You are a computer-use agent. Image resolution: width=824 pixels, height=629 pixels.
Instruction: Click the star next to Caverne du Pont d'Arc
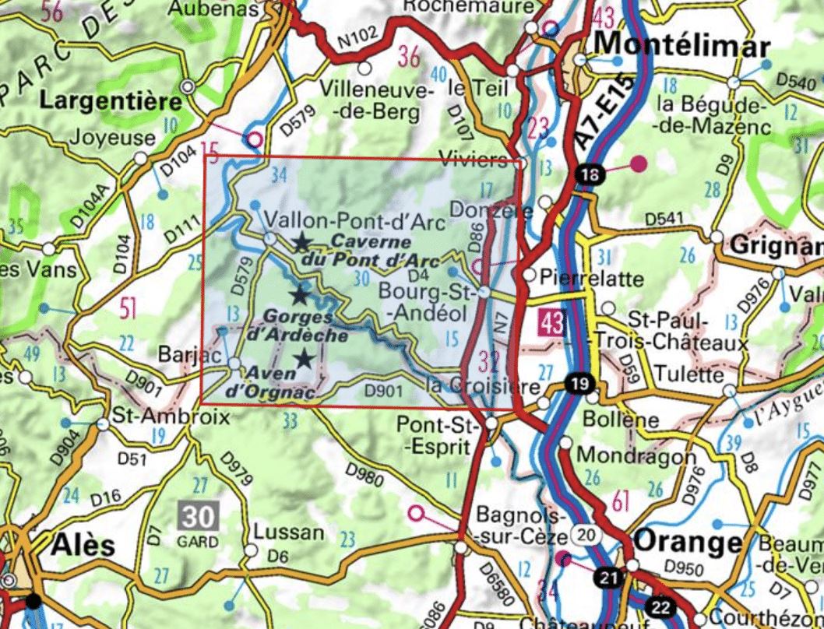coord(301,243)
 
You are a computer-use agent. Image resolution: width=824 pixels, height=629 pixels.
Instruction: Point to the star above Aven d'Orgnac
coord(305,358)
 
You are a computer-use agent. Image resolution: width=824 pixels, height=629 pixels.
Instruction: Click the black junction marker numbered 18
coord(590,174)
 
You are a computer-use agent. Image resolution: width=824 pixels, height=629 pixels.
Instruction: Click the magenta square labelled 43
coord(551,321)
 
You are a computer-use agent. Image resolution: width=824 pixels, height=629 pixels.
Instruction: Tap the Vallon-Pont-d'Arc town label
coord(354,222)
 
